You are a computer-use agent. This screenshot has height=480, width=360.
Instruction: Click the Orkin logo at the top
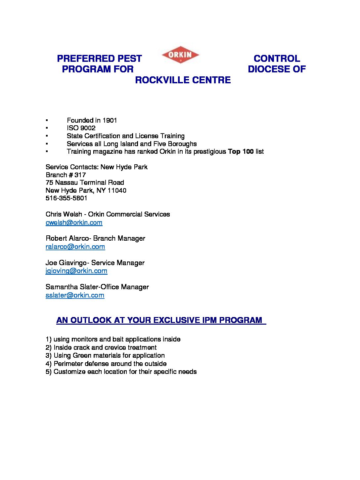[x=180, y=55]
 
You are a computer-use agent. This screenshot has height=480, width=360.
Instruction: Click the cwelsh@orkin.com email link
[x=74, y=222]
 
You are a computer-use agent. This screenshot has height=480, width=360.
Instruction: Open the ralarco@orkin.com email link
[x=75, y=247]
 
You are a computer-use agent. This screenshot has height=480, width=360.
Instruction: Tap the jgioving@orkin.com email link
[x=76, y=271]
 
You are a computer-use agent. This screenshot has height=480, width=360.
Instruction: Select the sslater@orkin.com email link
[x=75, y=295]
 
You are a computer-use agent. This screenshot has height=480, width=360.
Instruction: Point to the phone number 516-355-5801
[x=67, y=198]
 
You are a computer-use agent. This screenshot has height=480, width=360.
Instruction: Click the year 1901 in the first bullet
[x=110, y=120]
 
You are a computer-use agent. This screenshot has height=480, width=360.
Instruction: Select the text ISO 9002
[x=81, y=128]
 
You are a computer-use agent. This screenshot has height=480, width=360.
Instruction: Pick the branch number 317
[x=80, y=175]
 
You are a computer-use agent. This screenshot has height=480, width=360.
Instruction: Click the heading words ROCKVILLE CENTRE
[x=183, y=80]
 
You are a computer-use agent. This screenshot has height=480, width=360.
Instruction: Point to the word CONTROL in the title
[x=277, y=59]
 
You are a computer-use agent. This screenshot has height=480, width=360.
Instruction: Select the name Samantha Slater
[x=71, y=287]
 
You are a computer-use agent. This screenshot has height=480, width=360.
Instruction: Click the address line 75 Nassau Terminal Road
[x=85, y=182]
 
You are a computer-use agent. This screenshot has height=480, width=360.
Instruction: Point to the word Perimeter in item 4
[x=68, y=364]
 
